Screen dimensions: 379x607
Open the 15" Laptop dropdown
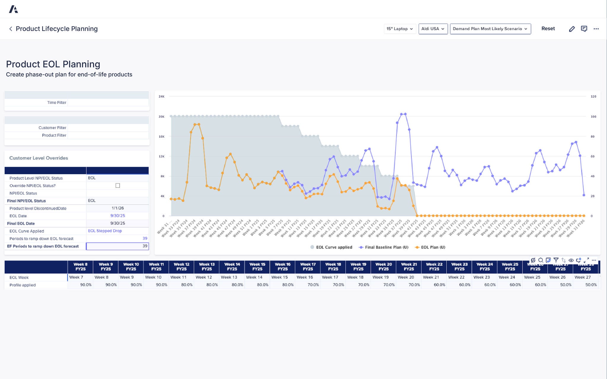click(400, 29)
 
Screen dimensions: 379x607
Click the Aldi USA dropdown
click(433, 29)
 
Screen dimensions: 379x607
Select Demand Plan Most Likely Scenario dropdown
click(490, 29)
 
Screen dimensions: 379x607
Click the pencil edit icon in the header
click(572, 29)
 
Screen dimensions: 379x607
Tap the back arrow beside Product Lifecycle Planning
click(11, 29)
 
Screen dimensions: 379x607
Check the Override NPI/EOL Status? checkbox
click(118, 186)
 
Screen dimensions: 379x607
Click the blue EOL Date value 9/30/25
click(118, 216)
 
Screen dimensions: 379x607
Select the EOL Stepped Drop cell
click(105, 231)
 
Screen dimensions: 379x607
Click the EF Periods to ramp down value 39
click(118, 246)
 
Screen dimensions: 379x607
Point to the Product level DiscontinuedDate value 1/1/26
click(118, 208)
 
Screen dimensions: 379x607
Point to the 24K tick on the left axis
click(162, 97)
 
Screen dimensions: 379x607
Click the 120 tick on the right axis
click(593, 97)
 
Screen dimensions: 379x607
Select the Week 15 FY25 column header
click(257, 267)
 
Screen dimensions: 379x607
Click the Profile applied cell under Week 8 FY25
click(80, 285)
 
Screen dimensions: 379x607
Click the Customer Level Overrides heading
click(39, 158)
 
